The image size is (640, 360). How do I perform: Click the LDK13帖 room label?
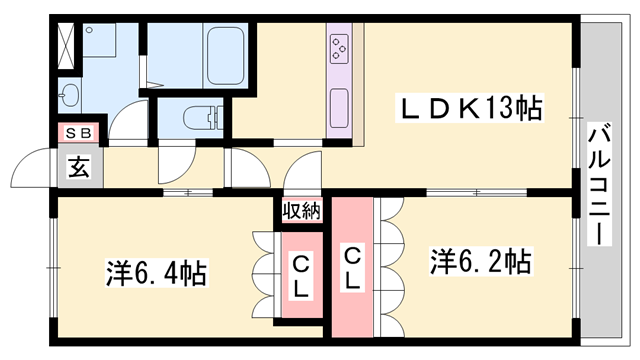(x=472, y=106)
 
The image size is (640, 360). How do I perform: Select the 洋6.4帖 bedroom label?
(x=156, y=271)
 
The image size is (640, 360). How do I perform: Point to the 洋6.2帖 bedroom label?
(x=480, y=262)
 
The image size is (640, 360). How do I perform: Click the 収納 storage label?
(x=301, y=210)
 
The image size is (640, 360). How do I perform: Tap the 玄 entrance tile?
(x=78, y=167)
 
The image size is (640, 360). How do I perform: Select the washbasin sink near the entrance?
(x=69, y=97)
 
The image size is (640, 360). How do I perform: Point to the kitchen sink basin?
(x=339, y=103)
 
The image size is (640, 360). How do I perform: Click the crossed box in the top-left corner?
(x=64, y=43)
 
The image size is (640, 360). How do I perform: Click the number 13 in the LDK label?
(x=504, y=106)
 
